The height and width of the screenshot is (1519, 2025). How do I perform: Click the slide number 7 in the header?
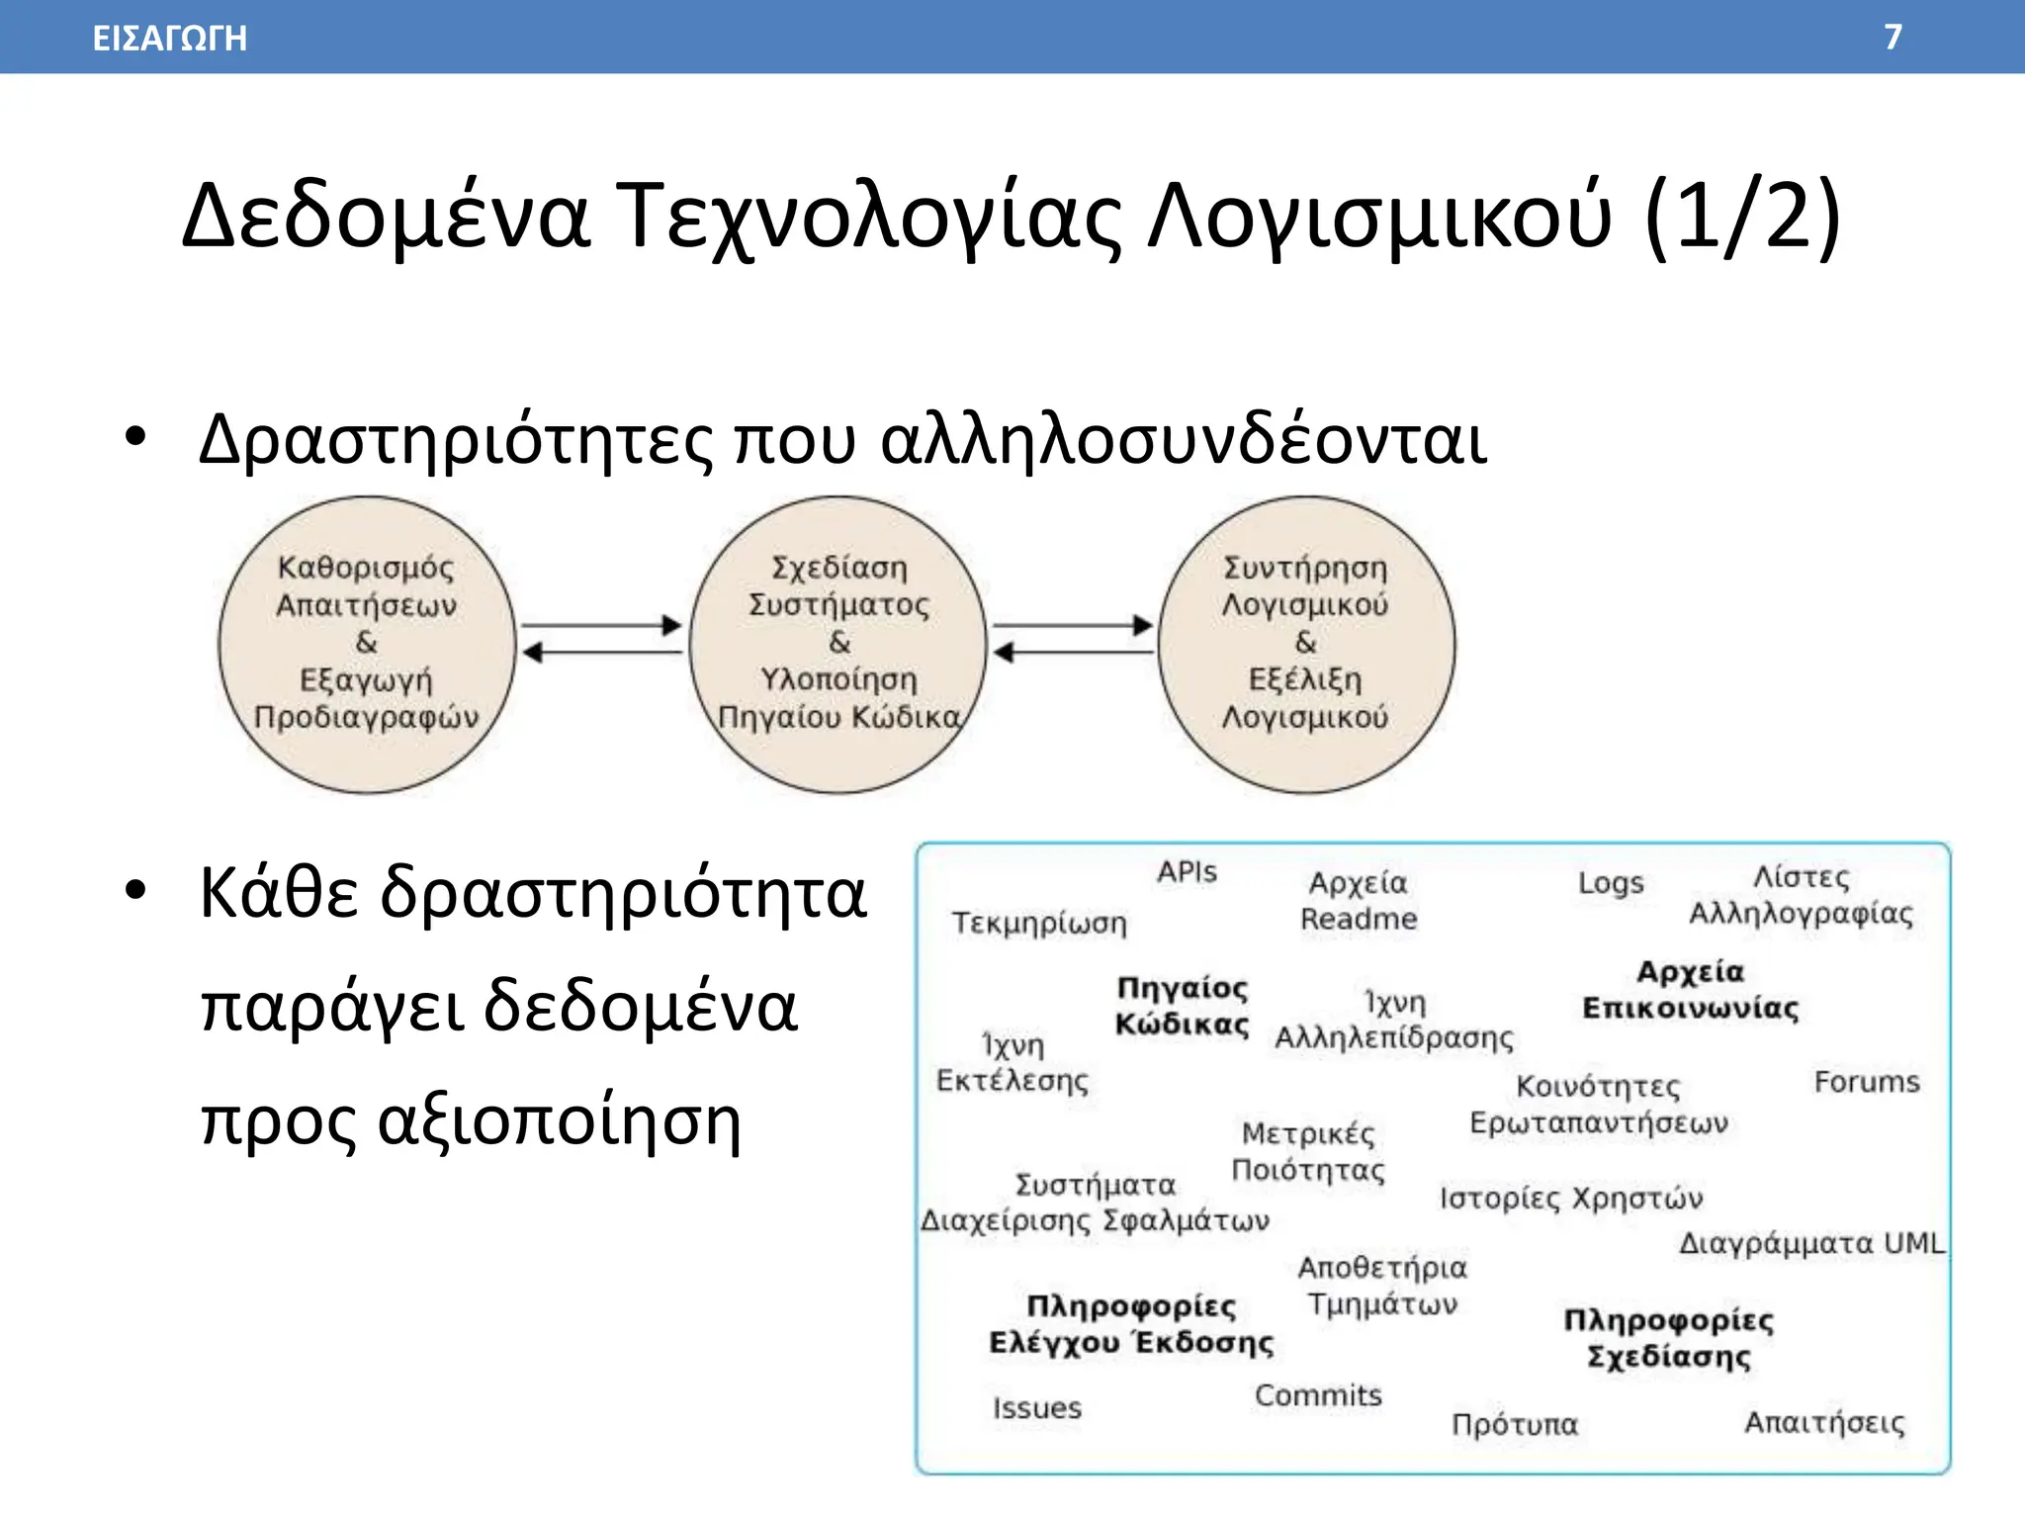(1893, 37)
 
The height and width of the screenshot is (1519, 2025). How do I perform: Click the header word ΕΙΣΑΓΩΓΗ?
(169, 39)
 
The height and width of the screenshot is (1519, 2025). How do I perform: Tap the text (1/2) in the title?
(1741, 217)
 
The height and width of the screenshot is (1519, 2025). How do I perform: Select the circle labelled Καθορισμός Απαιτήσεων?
(367, 645)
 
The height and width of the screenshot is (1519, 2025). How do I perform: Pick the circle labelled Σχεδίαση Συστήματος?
(838, 645)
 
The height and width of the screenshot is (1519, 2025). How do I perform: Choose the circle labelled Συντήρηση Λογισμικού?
(1306, 645)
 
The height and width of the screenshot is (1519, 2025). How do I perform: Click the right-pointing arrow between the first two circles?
(601, 625)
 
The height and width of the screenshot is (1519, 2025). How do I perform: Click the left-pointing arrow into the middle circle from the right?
(1073, 653)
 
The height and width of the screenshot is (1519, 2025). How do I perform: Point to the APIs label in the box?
(1187, 872)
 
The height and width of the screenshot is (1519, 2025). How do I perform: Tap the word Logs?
(1611, 882)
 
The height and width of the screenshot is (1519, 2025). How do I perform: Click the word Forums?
(1867, 1082)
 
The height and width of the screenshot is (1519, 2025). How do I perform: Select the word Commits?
(1318, 1395)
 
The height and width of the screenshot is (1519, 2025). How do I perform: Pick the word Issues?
(1037, 1408)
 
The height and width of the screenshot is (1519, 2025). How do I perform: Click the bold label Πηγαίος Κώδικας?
(1183, 1006)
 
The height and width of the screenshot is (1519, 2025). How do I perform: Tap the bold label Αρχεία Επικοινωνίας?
(1691, 990)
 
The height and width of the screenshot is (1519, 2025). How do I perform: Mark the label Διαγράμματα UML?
(1811, 1243)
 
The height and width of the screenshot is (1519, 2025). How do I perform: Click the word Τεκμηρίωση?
(1039, 923)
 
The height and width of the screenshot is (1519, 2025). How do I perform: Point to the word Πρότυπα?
(1515, 1424)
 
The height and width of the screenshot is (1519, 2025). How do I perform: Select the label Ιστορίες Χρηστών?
(1571, 1199)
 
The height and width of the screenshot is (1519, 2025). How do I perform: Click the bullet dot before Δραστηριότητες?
(135, 437)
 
